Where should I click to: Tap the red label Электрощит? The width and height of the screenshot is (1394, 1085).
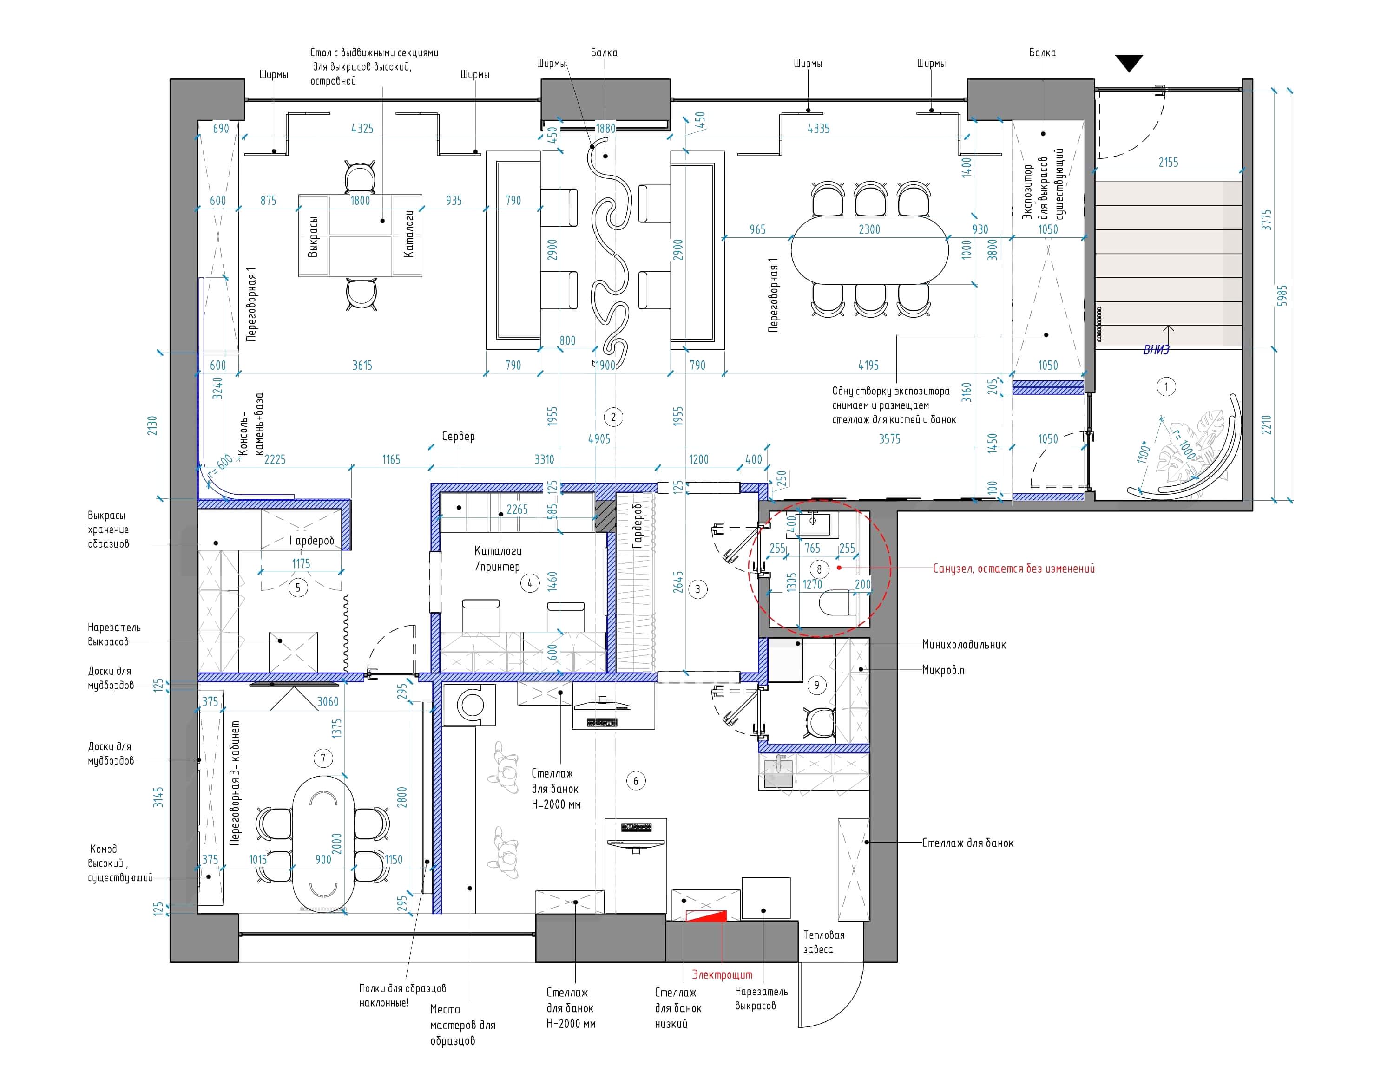click(722, 974)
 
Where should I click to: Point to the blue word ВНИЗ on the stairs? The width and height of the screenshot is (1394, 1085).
click(1156, 350)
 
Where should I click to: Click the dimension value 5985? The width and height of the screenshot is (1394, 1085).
click(1282, 295)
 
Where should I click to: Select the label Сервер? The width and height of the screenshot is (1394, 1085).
click(458, 436)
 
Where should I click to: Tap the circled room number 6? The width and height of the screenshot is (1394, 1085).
click(636, 781)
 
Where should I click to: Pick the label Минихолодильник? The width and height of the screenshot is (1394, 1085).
click(964, 644)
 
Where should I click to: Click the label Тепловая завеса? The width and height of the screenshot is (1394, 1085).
click(823, 941)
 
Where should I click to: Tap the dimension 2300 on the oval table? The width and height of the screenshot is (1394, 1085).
click(869, 229)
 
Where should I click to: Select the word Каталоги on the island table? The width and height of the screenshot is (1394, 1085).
click(409, 234)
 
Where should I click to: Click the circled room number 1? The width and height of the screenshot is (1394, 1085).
click(1166, 386)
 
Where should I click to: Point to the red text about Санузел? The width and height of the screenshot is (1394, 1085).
click(1013, 569)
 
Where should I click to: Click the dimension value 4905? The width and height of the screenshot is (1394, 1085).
click(598, 439)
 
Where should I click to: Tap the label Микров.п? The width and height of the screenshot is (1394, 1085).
click(943, 670)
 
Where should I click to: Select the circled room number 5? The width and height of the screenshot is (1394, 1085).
click(298, 588)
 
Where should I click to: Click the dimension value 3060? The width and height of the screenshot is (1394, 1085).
click(328, 702)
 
